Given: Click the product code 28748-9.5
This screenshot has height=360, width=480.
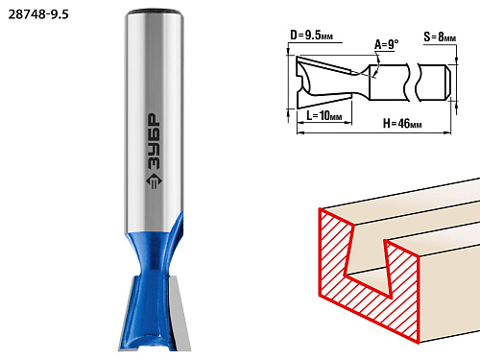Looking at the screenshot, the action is pos(38,14).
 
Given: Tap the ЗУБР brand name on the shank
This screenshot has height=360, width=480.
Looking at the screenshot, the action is pos(154,141).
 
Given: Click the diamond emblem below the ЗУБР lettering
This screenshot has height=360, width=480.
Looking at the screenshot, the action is pos(154,181).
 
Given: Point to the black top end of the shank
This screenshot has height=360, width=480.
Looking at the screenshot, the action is pos(155,12).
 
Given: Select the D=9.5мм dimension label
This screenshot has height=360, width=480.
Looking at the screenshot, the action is pos(311,35).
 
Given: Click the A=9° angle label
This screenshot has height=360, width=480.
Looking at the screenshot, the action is pos(387,44).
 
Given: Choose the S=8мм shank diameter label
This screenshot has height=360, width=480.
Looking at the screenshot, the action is pos(440,37).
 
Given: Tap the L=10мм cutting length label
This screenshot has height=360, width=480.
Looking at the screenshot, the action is pos(324,115).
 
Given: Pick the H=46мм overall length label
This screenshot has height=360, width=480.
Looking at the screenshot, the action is pos(402,123).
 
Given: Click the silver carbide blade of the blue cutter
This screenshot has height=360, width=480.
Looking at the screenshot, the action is pos(179,314).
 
